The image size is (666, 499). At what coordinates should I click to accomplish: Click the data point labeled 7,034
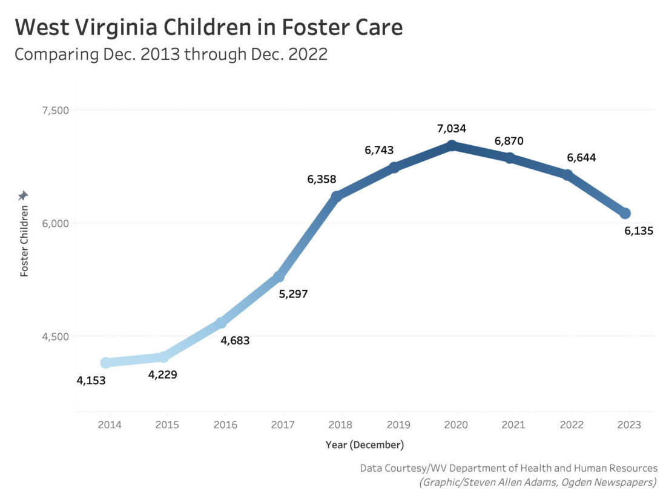pyautogui.click(x=452, y=146)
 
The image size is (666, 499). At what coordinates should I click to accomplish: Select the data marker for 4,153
pyautogui.click(x=106, y=362)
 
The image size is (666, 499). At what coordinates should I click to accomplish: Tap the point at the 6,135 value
pyautogui.click(x=625, y=213)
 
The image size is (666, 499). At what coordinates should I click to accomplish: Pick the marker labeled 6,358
pyautogui.click(x=337, y=196)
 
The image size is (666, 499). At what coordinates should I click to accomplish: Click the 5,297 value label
pyautogui.click(x=293, y=295)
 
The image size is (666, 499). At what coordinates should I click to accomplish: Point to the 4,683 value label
pyautogui.click(x=235, y=341)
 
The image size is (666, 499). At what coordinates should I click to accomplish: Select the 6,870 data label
pyautogui.click(x=509, y=141)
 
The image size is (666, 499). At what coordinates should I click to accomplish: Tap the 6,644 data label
pyautogui.click(x=581, y=158)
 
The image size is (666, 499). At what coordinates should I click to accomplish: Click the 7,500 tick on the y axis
pyautogui.click(x=55, y=110)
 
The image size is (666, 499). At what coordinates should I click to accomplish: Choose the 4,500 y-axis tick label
pyautogui.click(x=55, y=336)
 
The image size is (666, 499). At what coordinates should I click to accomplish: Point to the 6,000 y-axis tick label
pyautogui.click(x=55, y=223)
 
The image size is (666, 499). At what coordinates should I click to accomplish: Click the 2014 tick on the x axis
pyautogui.click(x=110, y=425)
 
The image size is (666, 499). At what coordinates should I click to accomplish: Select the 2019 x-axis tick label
pyautogui.click(x=398, y=425)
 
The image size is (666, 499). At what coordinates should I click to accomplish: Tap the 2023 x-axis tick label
pyautogui.click(x=629, y=425)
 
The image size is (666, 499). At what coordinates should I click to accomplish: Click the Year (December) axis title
pyautogui.click(x=364, y=445)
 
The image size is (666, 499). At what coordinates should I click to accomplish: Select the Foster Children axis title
pyautogui.click(x=24, y=241)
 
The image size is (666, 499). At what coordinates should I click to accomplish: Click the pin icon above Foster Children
pyautogui.click(x=23, y=195)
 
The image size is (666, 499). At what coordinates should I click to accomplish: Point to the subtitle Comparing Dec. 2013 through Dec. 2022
pyautogui.click(x=171, y=54)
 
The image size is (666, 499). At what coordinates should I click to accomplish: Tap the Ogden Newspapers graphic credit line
pyautogui.click(x=538, y=482)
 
